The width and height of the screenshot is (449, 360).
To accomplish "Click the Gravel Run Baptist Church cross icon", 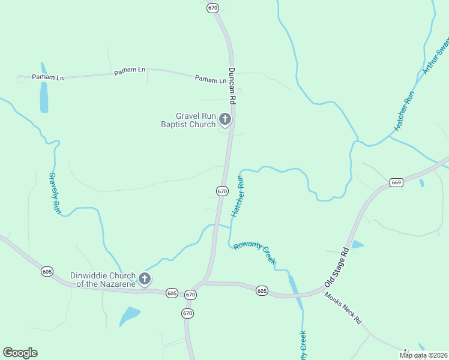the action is tap(225, 119).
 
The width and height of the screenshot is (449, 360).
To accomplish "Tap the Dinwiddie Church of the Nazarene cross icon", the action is tap(144, 278).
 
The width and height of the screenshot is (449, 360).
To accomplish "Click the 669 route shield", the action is tap(396, 182).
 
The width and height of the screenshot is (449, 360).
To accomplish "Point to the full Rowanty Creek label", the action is tap(255, 252).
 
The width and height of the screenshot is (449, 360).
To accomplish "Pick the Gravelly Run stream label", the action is tap(55, 193).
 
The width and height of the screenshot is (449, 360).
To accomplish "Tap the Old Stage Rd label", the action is tap(337, 266).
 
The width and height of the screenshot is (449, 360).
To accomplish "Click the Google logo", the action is tap(20, 353).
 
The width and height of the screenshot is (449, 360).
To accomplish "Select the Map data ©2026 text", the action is tap(424, 355).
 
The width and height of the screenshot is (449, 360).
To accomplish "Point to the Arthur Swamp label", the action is tap(437, 56).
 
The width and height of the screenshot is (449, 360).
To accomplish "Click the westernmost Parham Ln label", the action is tap(47, 77).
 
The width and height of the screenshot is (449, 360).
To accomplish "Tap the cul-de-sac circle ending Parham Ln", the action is tap(21, 79).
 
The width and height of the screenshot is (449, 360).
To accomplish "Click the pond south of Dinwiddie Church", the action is tap(129, 315).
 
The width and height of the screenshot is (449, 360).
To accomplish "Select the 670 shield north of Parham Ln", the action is tap(212, 8).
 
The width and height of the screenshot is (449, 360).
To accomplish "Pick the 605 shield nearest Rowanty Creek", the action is tap(261, 290).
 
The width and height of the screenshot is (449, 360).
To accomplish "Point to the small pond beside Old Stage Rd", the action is tap(357, 244).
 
